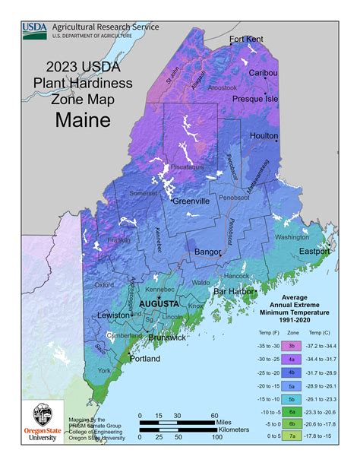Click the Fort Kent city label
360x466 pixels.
point(247,39)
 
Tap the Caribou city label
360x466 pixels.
point(264,73)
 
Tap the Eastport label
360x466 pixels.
point(314,251)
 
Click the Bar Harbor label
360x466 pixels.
point(237,291)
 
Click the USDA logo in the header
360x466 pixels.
point(34,29)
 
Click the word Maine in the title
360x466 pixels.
point(83,119)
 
